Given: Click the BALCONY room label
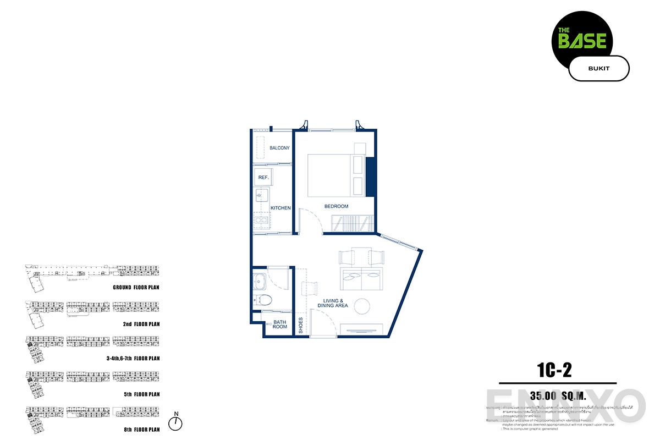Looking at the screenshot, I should [279, 148].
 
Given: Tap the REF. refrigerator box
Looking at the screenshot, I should [263, 178].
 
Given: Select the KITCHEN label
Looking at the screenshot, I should [280, 208].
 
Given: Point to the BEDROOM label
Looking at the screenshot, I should [336, 206].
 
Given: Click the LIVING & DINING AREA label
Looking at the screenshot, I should [332, 303].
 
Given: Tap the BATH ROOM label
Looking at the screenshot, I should [280, 324].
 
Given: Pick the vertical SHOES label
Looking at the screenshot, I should [301, 326].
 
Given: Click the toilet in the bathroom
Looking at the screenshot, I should [263, 300].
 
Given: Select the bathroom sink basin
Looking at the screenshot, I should [261, 282].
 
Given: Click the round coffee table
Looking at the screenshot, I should [363, 306].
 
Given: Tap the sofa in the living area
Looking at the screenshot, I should [361, 279].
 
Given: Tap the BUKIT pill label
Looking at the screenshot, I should [598, 68].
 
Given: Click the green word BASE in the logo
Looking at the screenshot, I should [582, 41].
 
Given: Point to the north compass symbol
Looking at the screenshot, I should [175, 423].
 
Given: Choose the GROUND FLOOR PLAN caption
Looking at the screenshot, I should [136, 287].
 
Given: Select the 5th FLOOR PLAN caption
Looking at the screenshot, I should [141, 394].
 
